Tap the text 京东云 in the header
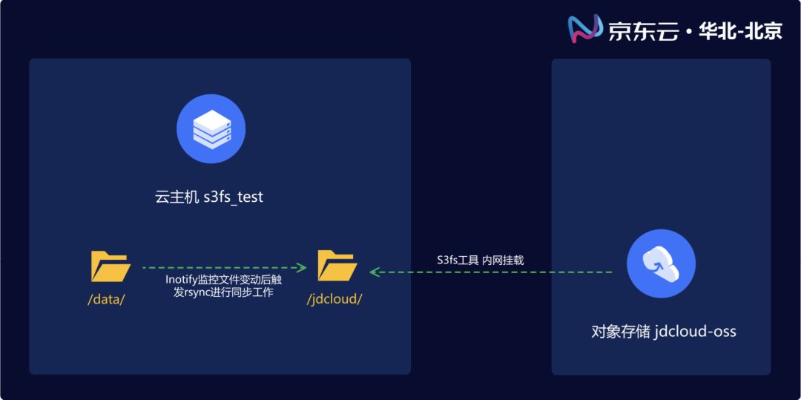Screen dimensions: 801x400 pyautogui.click(x=643, y=30)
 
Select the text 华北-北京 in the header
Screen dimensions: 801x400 pyautogui.click(x=739, y=30)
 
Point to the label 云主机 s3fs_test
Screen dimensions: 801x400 pyautogui.click(x=209, y=197)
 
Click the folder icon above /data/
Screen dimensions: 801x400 pyautogui.click(x=111, y=266)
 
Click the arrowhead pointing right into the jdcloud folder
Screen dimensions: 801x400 pyautogui.click(x=303, y=267)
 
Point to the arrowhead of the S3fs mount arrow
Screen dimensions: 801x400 pyautogui.click(x=375, y=272)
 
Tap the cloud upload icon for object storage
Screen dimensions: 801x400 pyautogui.click(x=661, y=263)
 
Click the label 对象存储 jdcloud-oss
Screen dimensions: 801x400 pyautogui.click(x=664, y=331)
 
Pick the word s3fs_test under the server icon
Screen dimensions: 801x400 pyautogui.click(x=233, y=197)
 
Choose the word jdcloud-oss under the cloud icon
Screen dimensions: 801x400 pyautogui.click(x=696, y=331)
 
